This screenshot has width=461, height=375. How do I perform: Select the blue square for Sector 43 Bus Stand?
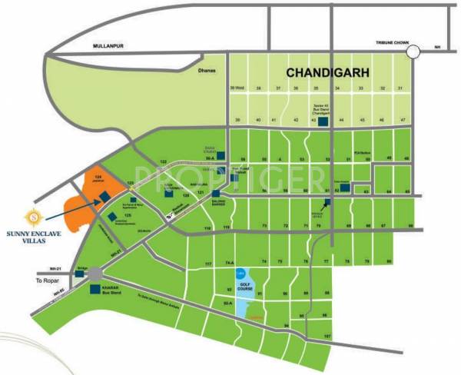[323, 121]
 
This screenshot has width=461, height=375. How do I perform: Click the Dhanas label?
[204, 71]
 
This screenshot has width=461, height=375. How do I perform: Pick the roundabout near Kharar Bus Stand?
[95, 274]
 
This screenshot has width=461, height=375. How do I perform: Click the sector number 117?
[207, 264]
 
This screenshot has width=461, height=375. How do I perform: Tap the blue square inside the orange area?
[103, 198]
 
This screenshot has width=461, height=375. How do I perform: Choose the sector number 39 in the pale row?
[238, 121]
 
